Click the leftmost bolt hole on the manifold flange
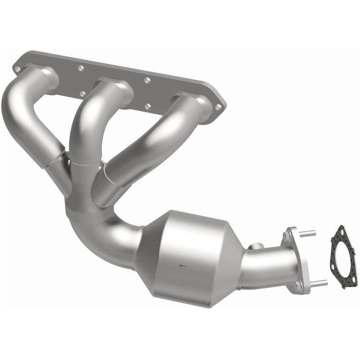point(17,69)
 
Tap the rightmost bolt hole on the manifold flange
point(219,107)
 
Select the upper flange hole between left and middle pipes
point(81,68)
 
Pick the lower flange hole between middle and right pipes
point(149,108)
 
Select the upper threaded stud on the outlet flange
point(309,233)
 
